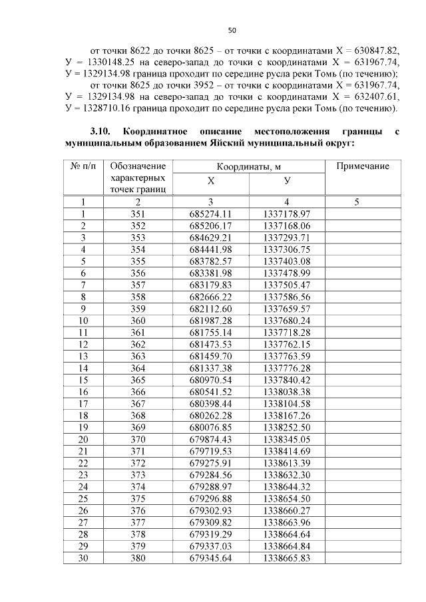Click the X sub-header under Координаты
click(211, 180)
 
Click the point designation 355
click(138, 261)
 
